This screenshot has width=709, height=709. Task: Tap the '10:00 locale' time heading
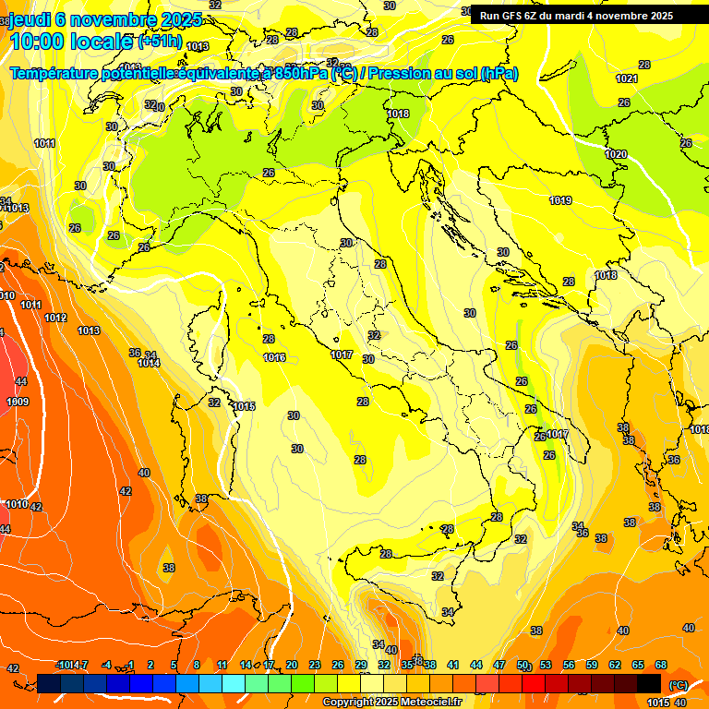[72, 42]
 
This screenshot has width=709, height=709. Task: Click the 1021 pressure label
[627, 78]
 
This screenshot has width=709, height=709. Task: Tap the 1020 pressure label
[616, 154]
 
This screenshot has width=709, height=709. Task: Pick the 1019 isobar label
[559, 200]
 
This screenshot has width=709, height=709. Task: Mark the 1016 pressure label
[274, 357]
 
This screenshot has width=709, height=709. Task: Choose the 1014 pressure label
[149, 363]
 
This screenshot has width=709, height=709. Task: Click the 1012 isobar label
[55, 318]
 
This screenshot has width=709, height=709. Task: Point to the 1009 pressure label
[18, 402]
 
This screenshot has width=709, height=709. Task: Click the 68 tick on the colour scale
[661, 665]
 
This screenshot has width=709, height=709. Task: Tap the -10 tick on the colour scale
[63, 665]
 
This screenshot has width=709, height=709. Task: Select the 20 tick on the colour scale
[292, 665]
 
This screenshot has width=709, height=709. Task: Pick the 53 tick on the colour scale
[546, 665]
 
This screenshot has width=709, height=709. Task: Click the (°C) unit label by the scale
[679, 684]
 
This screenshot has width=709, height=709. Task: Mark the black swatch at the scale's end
[650, 683]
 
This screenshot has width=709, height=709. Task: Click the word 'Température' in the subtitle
[55, 73]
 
